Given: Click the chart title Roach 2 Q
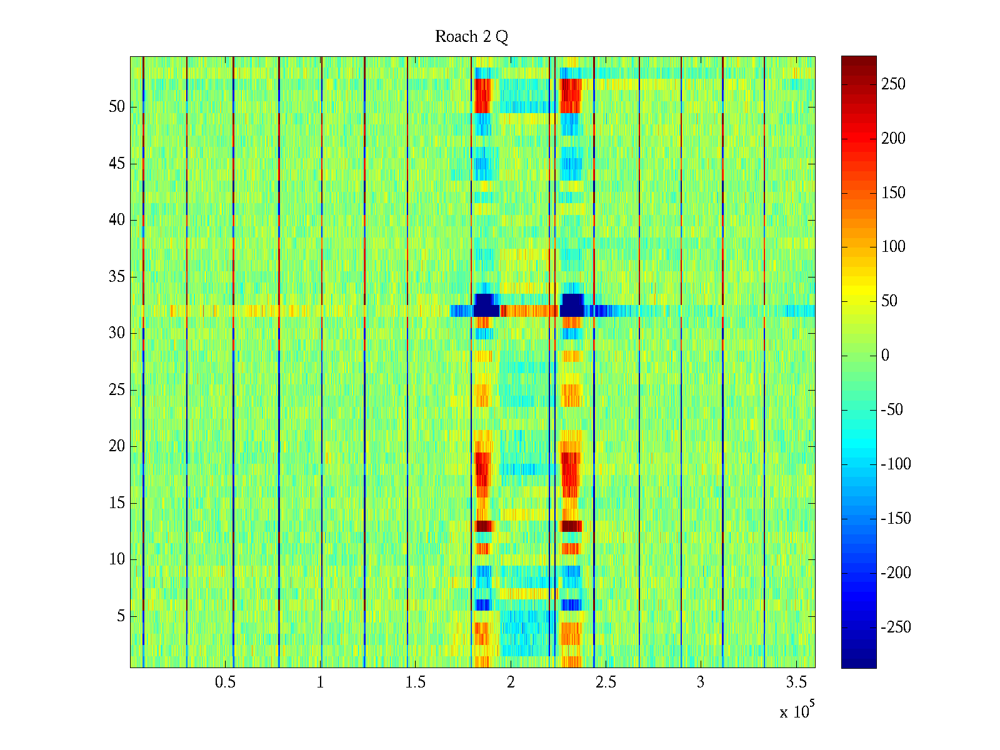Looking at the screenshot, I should point(471,37).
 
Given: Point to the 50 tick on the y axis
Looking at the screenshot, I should point(117,107).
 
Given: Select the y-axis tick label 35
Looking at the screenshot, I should point(117,277).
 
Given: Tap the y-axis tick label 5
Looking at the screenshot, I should point(121,616).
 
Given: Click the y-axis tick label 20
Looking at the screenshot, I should point(117,446).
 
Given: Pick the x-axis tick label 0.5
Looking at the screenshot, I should point(225,682).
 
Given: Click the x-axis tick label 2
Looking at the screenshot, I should point(511,682).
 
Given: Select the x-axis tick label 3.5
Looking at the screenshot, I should point(796,682).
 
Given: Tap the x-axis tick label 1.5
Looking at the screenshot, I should point(415,682).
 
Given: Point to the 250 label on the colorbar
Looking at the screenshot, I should point(893,84).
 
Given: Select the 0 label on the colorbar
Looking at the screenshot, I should point(885,356).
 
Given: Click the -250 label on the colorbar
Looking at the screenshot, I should point(896,627).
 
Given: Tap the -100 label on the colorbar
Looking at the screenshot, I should point(896,464).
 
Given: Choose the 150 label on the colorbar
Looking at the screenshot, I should point(893,192).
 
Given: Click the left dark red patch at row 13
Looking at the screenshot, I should point(484,526).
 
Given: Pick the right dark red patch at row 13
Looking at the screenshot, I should point(571,526).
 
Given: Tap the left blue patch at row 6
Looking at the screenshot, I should point(483,604).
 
